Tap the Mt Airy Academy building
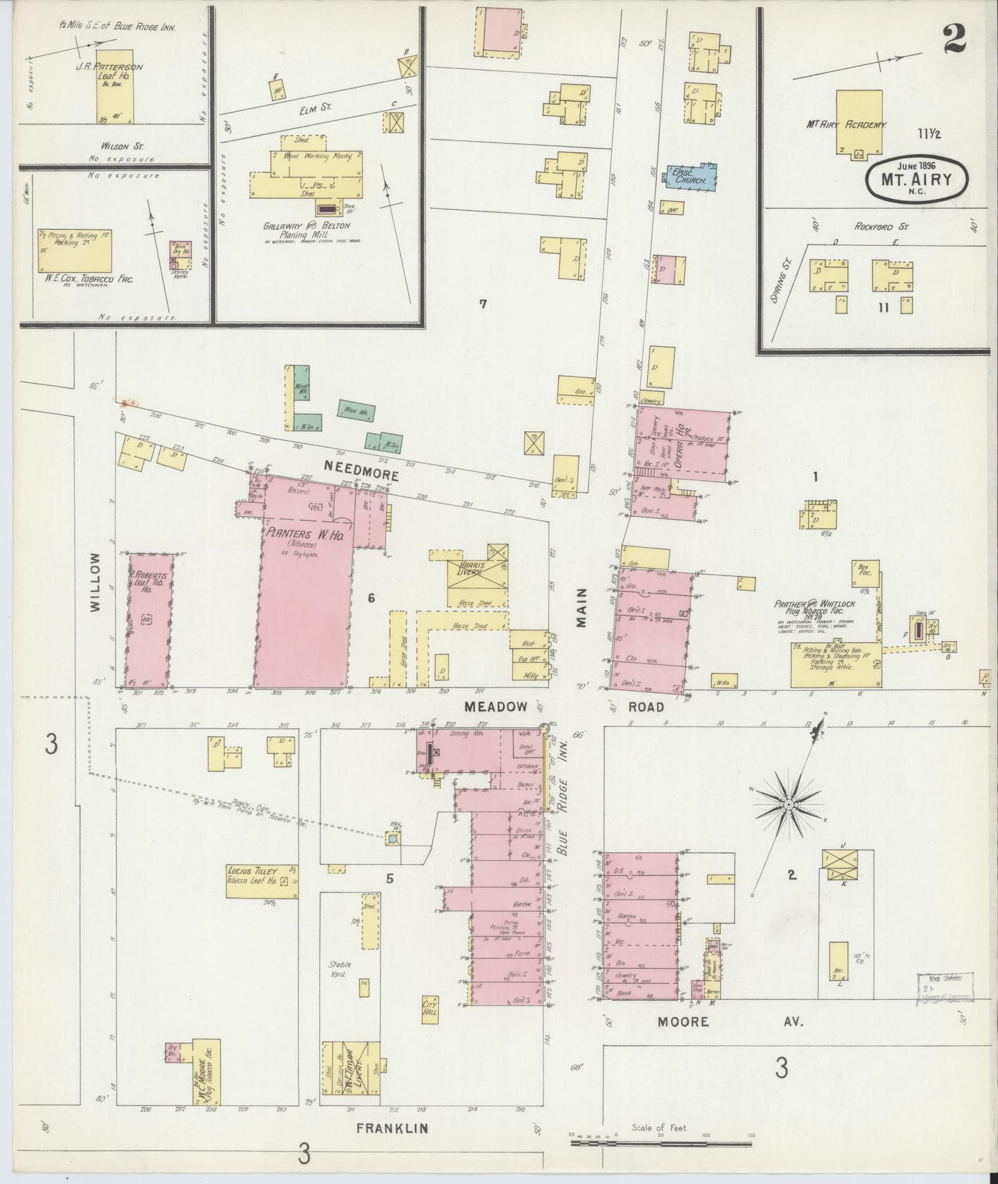[x=859, y=122]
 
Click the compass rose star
[x=787, y=805]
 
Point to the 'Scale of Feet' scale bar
[x=661, y=1144]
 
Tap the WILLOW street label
[x=95, y=582]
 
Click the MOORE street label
[x=683, y=1021]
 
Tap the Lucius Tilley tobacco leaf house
[x=262, y=878]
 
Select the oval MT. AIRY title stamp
[x=916, y=179]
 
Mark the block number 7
[x=483, y=303]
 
